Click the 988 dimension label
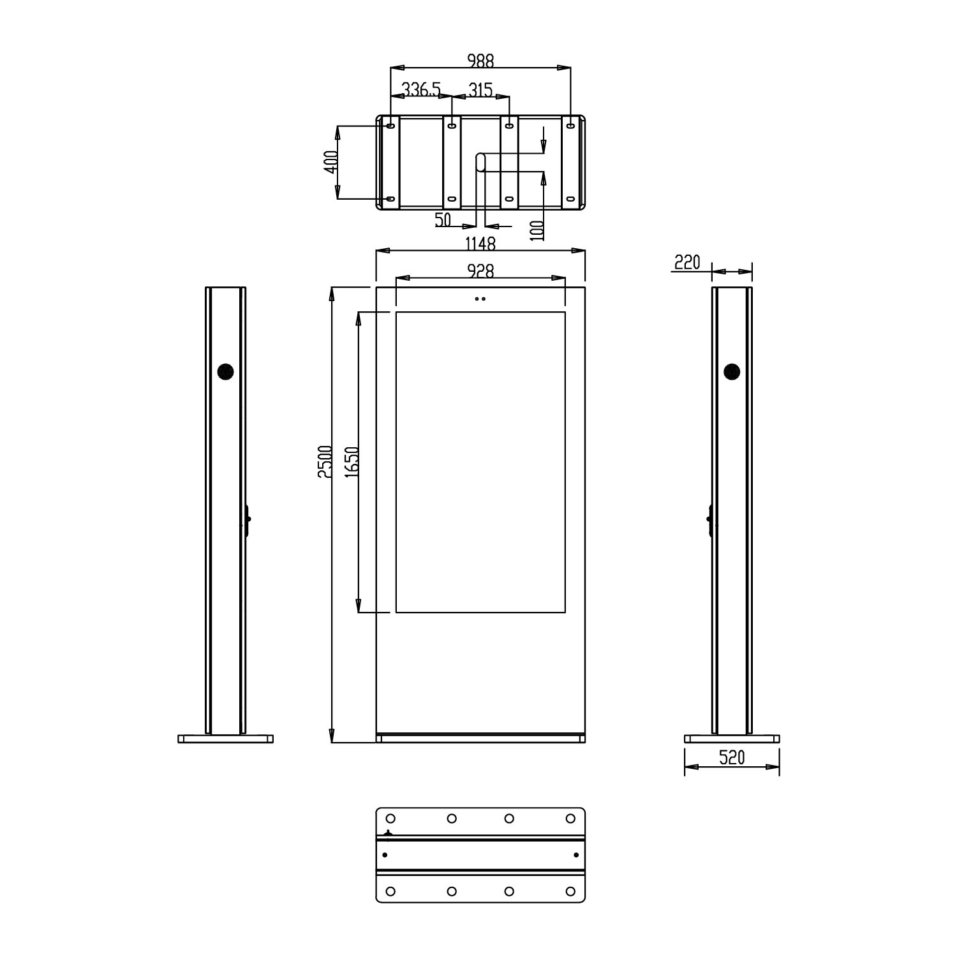tap(480, 61)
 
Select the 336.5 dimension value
tap(421, 90)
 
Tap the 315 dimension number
tap(480, 90)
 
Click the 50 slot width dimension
tap(443, 219)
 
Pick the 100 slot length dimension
tap(537, 230)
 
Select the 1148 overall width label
tap(480, 243)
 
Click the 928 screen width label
tap(480, 271)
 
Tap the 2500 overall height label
tap(324, 462)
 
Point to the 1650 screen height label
tap(351, 462)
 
